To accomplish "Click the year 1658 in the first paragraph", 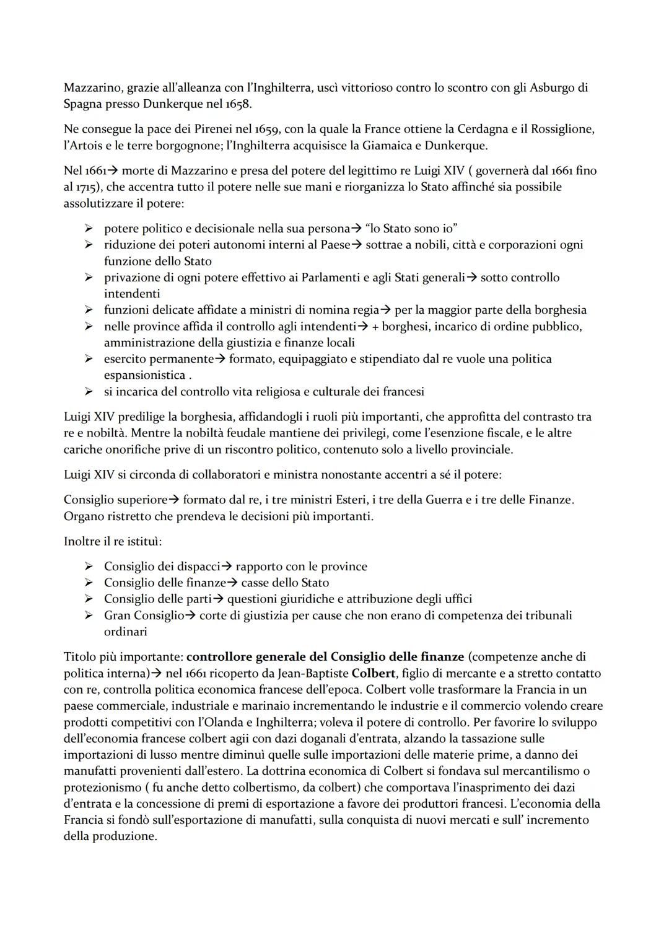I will pos(237,104).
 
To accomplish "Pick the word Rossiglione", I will pos(561,129).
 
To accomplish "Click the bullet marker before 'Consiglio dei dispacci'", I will pos(89,566).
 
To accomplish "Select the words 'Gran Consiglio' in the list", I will pos(144,615).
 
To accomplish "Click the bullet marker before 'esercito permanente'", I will pos(89,358).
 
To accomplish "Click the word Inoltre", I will pos(82,541).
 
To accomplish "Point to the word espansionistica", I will pos(144,375).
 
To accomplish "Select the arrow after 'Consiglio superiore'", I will pos(175,500).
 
